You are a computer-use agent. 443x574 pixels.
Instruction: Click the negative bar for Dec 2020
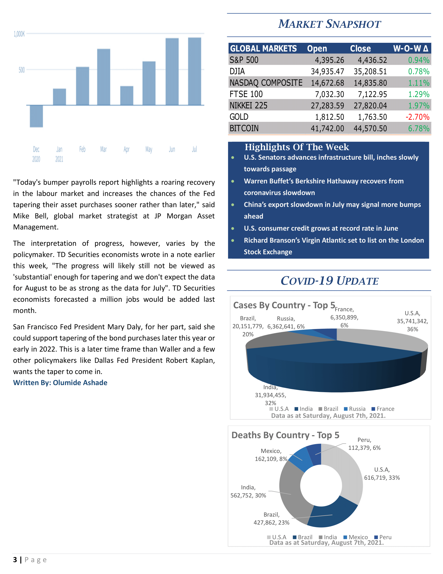click(36, 116)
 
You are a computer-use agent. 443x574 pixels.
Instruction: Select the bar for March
click(103, 77)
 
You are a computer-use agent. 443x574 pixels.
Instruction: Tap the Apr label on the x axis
click(126, 149)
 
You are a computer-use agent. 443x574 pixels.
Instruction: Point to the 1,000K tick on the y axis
click(19, 34)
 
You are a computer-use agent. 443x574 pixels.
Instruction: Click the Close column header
click(360, 49)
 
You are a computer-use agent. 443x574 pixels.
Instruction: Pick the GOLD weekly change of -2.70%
click(417, 117)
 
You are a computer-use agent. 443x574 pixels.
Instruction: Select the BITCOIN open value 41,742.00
click(327, 128)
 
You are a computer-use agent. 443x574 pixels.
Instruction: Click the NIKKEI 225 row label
click(248, 106)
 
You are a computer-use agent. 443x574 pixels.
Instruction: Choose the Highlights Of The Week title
click(297, 147)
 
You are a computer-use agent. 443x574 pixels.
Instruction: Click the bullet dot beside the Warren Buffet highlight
click(233, 181)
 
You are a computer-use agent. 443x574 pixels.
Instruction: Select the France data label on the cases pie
click(344, 317)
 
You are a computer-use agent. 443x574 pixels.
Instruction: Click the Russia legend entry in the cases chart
click(355, 409)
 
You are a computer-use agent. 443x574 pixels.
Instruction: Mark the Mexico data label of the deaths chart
click(271, 455)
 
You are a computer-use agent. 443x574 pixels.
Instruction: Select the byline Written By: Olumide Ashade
click(60, 383)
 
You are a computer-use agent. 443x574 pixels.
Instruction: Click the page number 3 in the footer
click(15, 560)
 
